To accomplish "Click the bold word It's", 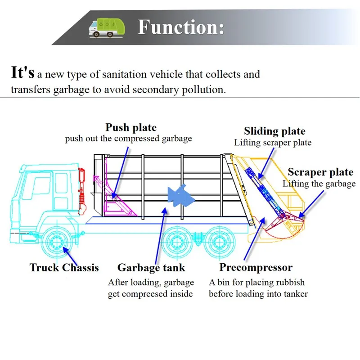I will click(22, 72).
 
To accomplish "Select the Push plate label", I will click(131, 127).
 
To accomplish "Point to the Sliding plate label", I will click(274, 131).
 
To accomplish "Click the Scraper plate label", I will click(320, 172).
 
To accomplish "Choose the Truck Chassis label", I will click(64, 268).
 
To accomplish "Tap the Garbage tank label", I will click(151, 268).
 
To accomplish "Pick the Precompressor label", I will click(256, 268).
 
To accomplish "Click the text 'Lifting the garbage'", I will click(319, 184).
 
